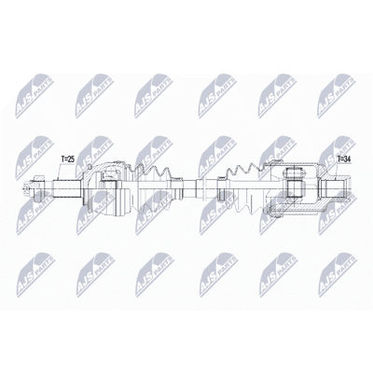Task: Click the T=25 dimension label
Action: click(67, 159)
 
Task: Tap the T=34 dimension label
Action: click(344, 159)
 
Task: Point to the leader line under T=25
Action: click(59, 172)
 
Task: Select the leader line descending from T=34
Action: click(338, 171)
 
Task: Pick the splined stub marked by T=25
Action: click(67, 188)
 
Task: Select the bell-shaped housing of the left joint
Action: click(105, 188)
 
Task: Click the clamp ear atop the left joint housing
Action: click(118, 162)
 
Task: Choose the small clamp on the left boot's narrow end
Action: click(178, 188)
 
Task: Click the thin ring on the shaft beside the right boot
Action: click(204, 188)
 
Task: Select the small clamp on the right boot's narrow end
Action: click(221, 188)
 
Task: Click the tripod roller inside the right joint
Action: click(294, 184)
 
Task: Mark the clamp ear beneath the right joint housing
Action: click(275, 214)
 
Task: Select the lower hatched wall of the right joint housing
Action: click(298, 208)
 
